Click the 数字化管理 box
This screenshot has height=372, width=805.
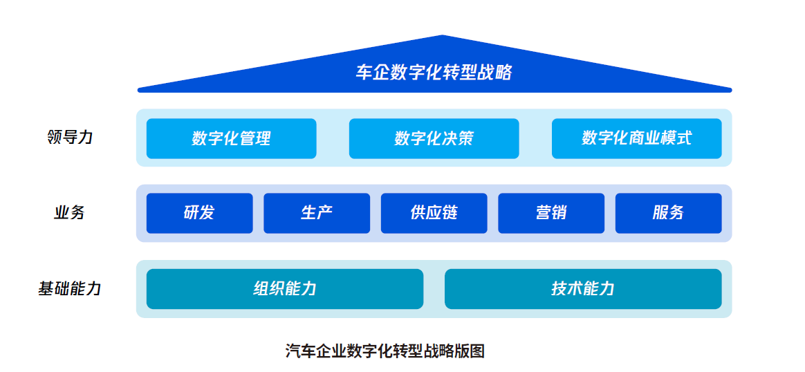(232, 138)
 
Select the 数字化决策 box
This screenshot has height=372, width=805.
(434, 138)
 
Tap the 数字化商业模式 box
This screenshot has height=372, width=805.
(637, 138)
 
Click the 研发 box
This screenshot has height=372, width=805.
(200, 213)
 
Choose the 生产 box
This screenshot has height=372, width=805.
(317, 213)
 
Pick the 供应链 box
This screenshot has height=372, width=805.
(434, 213)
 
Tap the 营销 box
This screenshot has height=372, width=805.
(551, 213)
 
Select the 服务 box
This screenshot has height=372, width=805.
(669, 213)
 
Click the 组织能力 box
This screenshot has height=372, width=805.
(285, 289)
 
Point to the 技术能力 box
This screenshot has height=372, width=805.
(583, 289)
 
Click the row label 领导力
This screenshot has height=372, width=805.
(69, 138)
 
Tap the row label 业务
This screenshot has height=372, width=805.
(69, 212)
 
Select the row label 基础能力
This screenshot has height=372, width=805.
(69, 288)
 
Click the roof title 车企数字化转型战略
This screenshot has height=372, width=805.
(434, 73)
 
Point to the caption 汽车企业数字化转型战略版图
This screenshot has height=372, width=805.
(385, 351)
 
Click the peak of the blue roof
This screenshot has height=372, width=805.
(443, 35)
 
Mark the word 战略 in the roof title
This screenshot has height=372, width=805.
(495, 73)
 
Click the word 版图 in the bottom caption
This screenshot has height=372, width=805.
(470, 351)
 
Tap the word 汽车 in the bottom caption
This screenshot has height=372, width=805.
(300, 351)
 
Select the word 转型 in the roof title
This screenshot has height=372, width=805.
(461, 73)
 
